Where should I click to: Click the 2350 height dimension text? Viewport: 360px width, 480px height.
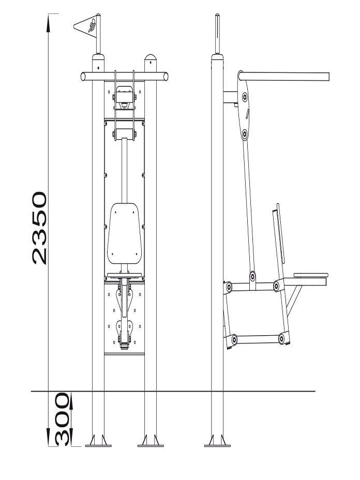(x=40, y=228)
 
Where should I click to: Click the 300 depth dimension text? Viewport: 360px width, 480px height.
(x=63, y=419)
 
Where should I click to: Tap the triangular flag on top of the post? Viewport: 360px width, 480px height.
(x=85, y=26)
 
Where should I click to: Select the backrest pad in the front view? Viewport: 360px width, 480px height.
(x=124, y=233)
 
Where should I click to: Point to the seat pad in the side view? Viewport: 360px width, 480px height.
(x=311, y=275)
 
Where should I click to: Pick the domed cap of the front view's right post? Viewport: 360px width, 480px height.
(x=151, y=57)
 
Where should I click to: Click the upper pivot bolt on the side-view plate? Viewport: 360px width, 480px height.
(x=245, y=97)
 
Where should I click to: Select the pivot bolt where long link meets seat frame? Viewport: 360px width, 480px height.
(x=252, y=276)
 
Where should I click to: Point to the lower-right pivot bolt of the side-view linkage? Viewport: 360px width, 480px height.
(x=281, y=339)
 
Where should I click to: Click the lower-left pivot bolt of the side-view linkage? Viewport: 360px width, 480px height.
(x=234, y=339)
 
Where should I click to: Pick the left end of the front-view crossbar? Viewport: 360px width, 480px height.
(x=83, y=77)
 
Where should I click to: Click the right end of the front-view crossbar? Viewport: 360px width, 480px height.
(x=166, y=77)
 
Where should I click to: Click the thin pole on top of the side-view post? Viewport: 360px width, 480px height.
(x=217, y=34)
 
